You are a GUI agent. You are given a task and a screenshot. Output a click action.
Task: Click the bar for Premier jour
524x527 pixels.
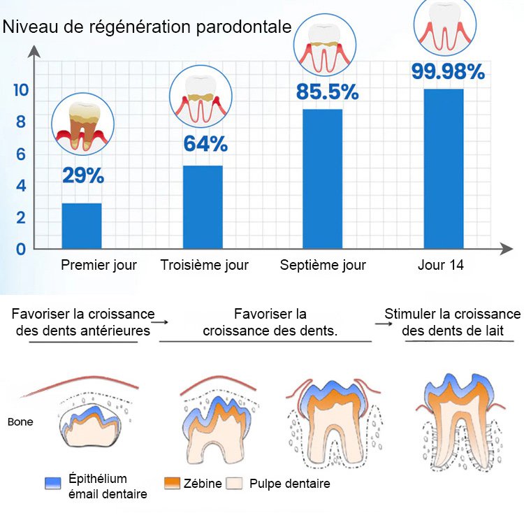tap(82, 226)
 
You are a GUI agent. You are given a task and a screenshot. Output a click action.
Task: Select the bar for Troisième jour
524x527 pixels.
tap(203, 207)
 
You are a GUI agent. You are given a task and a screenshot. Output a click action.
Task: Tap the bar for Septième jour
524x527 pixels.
tap(323, 179)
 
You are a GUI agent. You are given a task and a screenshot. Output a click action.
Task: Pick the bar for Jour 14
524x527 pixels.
tap(444, 168)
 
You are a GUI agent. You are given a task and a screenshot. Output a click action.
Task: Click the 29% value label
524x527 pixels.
tap(83, 175)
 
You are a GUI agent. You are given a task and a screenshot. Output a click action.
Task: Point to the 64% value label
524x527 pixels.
tap(205, 144)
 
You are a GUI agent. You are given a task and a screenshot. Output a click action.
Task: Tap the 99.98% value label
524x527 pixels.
tap(448, 72)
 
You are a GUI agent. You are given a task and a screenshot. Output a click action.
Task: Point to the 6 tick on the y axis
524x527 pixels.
tap(21, 154)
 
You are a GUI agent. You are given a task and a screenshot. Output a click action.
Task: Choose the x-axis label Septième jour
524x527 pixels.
tap(323, 266)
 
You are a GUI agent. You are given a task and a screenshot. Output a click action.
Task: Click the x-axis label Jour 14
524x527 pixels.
tap(441, 266)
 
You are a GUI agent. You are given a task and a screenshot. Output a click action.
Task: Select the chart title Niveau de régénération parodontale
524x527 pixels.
tap(147, 27)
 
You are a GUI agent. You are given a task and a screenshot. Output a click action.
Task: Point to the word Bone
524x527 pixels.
tap(20, 422)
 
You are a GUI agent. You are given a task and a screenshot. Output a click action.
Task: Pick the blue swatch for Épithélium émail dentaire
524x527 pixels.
tap(53, 483)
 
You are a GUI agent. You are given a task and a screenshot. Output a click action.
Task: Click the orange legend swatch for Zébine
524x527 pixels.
tap(173, 483)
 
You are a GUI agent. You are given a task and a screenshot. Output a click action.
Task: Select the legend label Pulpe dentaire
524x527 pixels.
tap(289, 484)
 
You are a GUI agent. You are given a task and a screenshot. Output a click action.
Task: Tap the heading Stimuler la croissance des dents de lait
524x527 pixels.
tap(452, 322)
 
